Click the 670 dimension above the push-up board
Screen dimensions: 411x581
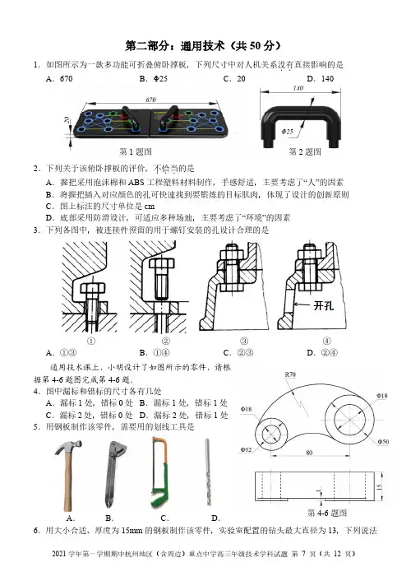(x=150, y=100)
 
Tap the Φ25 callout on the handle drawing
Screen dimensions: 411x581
(x=287, y=131)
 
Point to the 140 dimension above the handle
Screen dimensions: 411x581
(x=298, y=88)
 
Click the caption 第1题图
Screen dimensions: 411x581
(x=135, y=151)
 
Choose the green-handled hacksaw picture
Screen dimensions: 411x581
(x=160, y=472)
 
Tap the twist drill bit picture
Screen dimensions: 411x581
(x=208, y=472)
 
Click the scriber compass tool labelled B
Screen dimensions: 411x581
(x=115, y=474)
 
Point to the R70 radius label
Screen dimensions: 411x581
(x=290, y=374)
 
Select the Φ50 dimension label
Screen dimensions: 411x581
(x=383, y=442)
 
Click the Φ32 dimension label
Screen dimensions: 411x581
(x=246, y=449)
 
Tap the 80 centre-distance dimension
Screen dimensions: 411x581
(x=309, y=452)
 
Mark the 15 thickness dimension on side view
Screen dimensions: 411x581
(x=379, y=487)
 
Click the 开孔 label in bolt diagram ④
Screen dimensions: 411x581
(x=323, y=305)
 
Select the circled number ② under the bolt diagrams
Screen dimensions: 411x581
(x=166, y=342)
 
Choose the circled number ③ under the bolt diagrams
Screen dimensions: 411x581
(x=244, y=342)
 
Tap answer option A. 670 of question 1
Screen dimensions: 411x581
(x=59, y=78)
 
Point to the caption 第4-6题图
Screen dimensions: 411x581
(x=327, y=513)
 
